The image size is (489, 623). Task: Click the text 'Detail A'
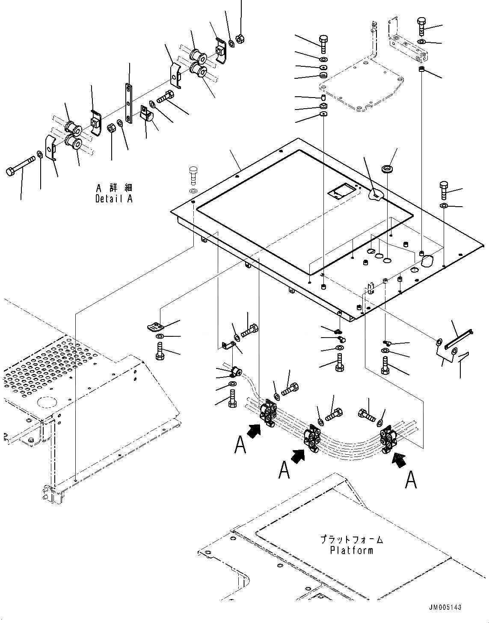114,199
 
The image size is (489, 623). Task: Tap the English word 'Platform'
351,550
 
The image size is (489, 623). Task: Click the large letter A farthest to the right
411,480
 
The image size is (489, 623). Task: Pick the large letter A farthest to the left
240,447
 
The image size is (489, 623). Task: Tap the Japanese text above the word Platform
351,540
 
